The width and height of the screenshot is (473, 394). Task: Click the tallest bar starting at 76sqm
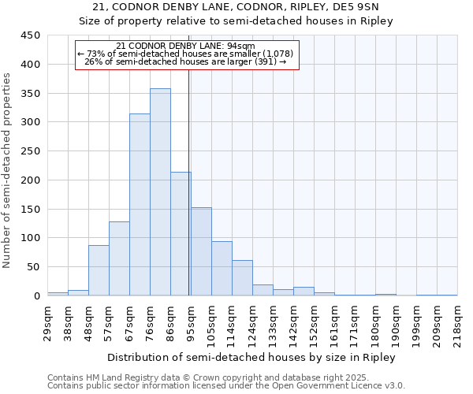[160, 192]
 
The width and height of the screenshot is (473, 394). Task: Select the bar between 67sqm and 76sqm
[140, 205]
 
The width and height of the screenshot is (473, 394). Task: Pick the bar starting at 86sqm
[181, 234]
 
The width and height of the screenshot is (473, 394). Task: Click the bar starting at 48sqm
[99, 270]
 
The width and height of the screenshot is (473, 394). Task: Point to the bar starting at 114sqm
[242, 278]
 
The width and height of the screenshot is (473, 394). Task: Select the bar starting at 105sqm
[222, 269]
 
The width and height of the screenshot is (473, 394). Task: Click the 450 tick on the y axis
[31, 35]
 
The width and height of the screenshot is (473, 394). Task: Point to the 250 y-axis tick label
[31, 151]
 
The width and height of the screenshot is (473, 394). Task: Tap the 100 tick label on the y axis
[31, 238]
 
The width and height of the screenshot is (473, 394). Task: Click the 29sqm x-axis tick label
[47, 322]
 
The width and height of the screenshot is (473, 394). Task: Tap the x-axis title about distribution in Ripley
[252, 357]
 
